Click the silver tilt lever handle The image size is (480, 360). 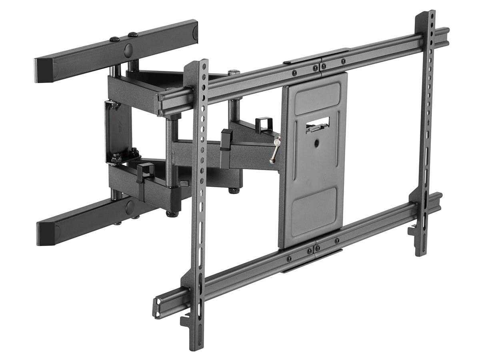[275, 150]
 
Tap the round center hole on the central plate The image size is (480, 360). [317, 142]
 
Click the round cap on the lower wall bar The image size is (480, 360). [130, 208]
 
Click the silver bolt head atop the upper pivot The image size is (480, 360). [234, 72]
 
